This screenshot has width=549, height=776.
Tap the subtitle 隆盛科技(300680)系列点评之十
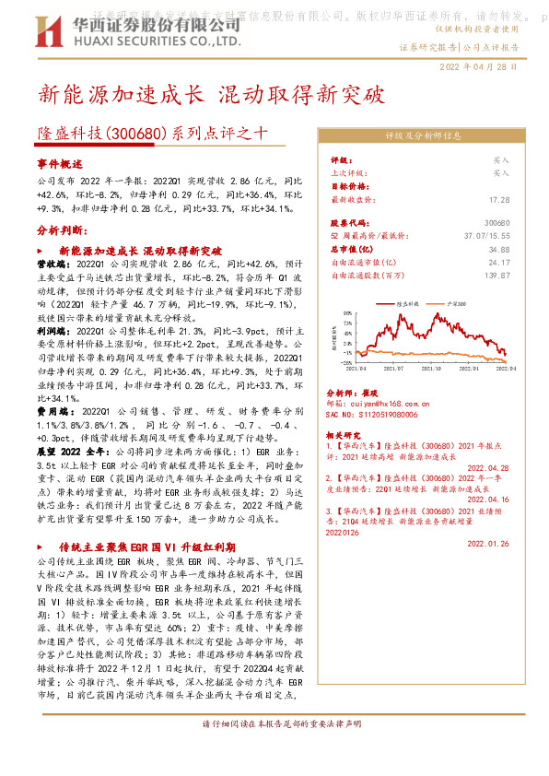(153, 132)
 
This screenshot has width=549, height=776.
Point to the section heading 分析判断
(60, 229)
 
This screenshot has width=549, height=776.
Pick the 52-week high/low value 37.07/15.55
(485, 236)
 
